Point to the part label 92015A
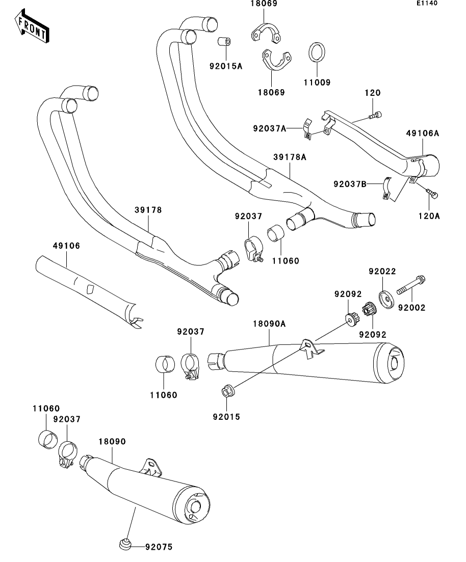tap(225, 65)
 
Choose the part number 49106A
tap(423, 133)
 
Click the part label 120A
tap(430, 216)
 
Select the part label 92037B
tap(350, 183)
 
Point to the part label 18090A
tap(269, 324)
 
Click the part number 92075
tap(159, 547)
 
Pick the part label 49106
tap(66, 246)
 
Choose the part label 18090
tap(112, 441)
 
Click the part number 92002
tap(411, 308)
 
